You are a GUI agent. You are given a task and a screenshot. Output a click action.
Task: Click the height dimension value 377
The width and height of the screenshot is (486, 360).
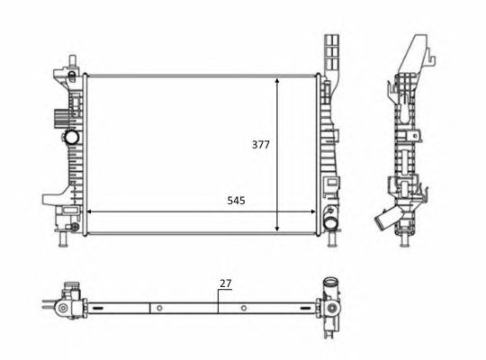click(261, 144)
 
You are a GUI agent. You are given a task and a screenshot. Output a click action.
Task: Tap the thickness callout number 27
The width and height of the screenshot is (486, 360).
click(225, 283)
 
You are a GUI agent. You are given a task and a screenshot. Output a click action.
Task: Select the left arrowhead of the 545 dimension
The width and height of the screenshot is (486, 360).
click(87, 212)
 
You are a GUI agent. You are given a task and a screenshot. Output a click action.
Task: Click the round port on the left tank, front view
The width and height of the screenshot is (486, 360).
click(70, 139)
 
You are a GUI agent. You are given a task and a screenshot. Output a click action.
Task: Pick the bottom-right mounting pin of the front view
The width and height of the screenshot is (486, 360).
click(334, 241)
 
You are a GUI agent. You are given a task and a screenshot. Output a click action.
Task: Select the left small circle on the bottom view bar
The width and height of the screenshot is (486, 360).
click(158, 309)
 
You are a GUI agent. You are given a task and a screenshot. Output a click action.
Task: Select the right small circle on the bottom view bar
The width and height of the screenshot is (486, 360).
click(243, 309)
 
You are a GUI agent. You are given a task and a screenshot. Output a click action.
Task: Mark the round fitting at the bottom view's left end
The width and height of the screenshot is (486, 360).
click(63, 308)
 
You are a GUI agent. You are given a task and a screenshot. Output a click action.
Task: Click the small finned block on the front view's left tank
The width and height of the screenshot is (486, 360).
click(60, 116)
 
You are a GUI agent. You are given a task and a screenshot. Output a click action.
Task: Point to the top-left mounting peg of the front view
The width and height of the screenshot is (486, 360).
click(70, 60)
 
